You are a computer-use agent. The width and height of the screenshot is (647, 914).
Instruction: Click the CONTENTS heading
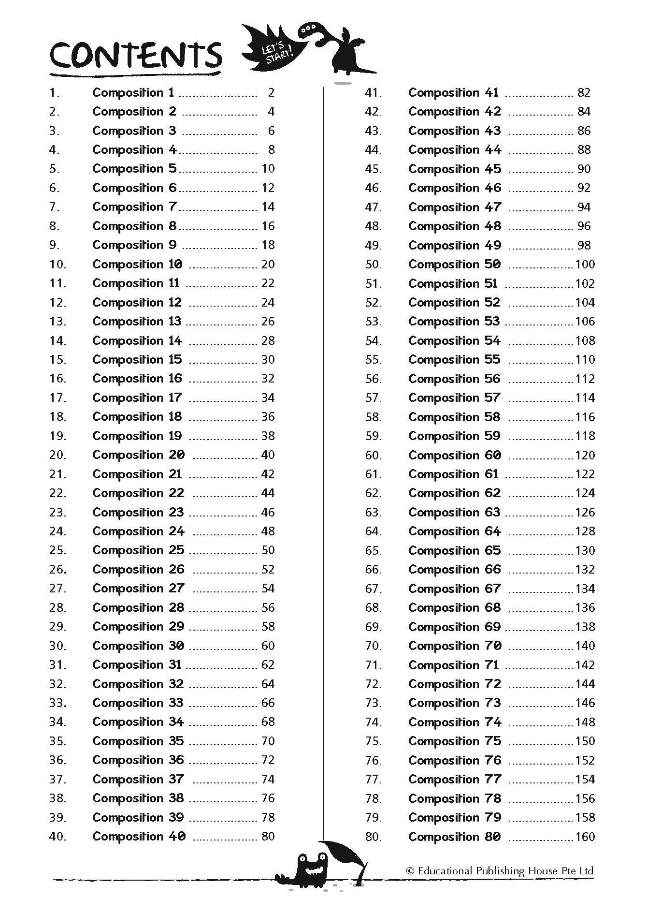coord(136,56)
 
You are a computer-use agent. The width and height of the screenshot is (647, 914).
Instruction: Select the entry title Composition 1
coord(133,92)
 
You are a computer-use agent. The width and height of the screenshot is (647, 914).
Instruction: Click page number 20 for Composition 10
coord(268,264)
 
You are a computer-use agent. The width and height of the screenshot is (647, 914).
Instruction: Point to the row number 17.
coord(58,398)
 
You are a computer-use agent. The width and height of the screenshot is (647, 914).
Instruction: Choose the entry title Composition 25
coord(138,550)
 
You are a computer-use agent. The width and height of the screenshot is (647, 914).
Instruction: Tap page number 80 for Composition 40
coord(268,836)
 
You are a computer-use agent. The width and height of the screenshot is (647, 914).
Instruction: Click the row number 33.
coord(58,703)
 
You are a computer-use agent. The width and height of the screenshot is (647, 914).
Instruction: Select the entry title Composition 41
coord(453,92)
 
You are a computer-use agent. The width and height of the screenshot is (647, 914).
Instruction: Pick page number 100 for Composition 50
coord(585,264)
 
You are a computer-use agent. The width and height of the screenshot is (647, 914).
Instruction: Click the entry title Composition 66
coord(454,569)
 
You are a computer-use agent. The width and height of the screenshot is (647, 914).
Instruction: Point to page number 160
coord(585,837)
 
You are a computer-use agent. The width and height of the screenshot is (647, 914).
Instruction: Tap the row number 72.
coord(373,684)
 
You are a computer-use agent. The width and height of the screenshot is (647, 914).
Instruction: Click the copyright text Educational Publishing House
coord(500,871)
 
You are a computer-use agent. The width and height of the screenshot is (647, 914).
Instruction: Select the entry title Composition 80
coord(454,837)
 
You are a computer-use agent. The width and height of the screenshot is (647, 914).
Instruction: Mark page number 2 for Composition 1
coord(271,92)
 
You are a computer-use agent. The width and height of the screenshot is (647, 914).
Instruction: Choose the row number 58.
coord(373,417)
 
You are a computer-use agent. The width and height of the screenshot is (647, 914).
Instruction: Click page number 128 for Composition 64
coord(585,531)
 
